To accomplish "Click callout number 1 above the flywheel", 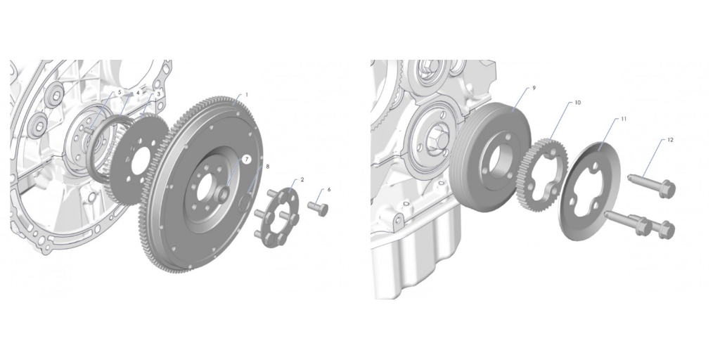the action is click(x=247, y=95).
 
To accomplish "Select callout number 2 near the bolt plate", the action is click(x=302, y=180).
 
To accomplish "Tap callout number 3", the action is click(x=159, y=94).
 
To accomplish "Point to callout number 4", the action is click(x=138, y=93).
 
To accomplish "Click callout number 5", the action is click(x=120, y=92).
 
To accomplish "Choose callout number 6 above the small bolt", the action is click(x=329, y=189).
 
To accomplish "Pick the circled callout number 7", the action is click(x=247, y=160).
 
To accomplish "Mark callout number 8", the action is click(x=268, y=167).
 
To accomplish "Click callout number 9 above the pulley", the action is click(x=534, y=88).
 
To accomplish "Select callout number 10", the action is click(x=578, y=103).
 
